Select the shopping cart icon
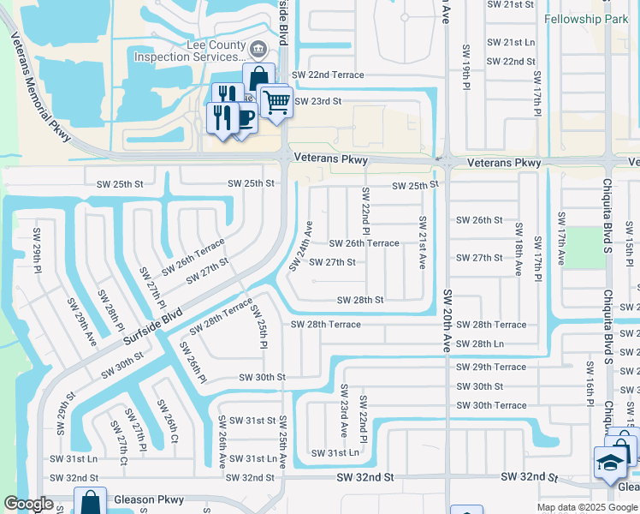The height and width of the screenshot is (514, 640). [276, 103]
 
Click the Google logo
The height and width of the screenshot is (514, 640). [29, 505]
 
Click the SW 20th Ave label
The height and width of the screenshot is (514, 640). [447, 321]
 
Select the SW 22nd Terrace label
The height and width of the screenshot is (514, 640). [329, 75]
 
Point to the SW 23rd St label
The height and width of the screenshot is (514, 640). [317, 101]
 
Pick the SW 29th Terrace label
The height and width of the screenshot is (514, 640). [491, 367]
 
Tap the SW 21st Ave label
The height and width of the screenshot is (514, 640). [422, 242]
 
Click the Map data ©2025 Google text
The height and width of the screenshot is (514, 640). [586, 507]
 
